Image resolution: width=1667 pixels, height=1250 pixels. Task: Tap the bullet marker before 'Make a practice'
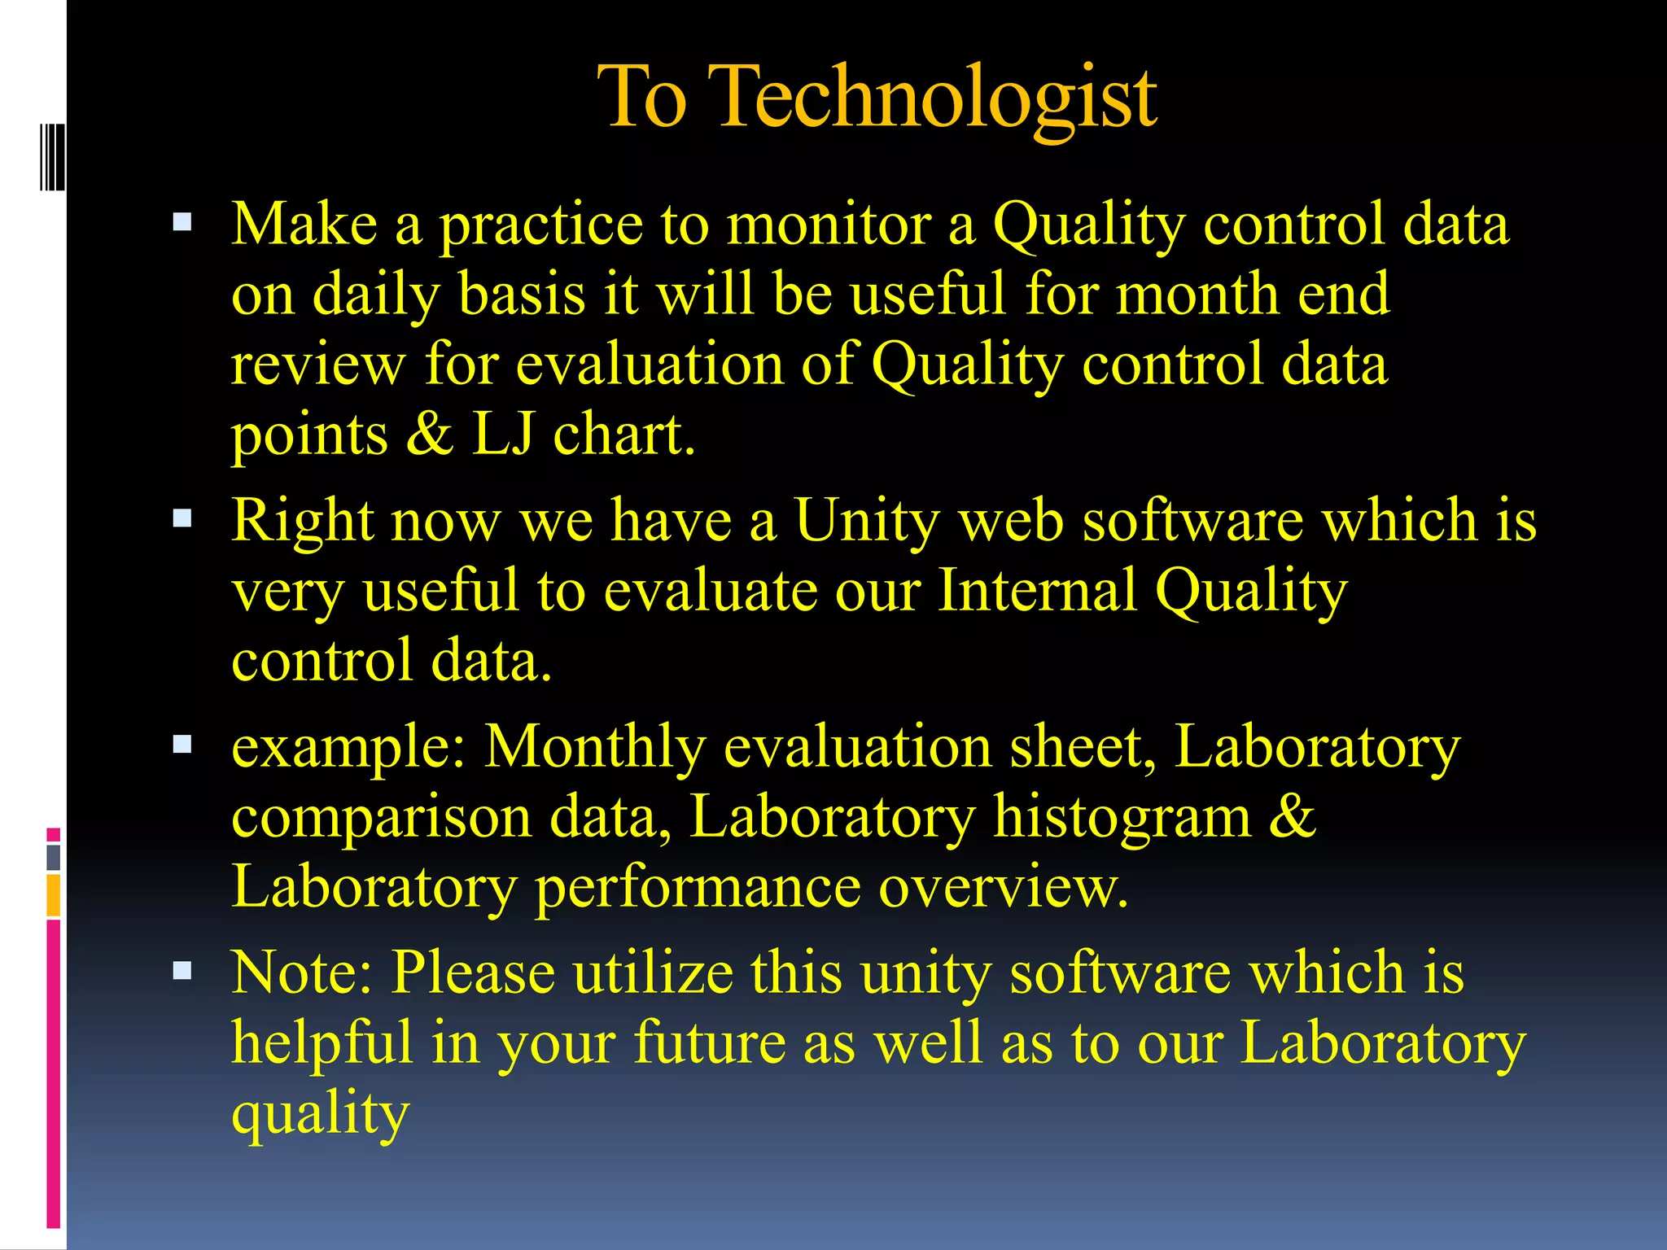pos(182,222)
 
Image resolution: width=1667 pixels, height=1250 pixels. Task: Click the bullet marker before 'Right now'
pos(182,518)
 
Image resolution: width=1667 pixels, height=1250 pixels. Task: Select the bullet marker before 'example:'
pos(182,744)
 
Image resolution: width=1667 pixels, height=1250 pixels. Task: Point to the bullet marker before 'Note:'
pos(182,970)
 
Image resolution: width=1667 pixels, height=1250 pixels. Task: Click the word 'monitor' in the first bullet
pos(828,224)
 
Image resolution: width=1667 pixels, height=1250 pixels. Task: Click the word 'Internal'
pos(1037,590)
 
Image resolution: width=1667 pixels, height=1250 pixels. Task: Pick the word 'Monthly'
pos(595,747)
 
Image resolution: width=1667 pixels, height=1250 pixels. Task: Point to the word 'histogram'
pos(1122,818)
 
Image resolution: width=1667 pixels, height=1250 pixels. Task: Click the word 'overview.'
pos(1003,887)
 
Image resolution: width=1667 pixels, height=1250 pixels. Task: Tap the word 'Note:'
pos(301,972)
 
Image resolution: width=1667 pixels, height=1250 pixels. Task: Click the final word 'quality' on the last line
pos(320,1115)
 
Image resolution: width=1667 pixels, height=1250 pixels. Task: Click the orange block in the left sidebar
pos(54,895)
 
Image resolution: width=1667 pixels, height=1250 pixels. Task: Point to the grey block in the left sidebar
pos(54,857)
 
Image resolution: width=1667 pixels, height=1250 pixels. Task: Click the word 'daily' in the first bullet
pos(376,295)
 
